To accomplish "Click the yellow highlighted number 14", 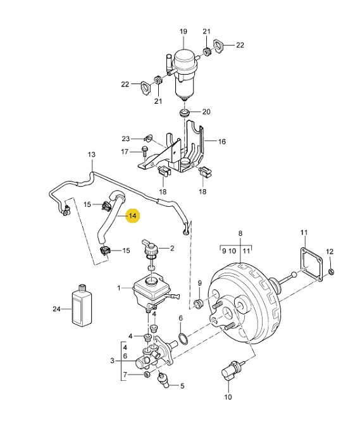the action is [133, 216].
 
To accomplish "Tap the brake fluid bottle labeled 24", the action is [82, 305].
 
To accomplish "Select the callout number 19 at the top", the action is [183, 31].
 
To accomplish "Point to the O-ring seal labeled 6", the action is [183, 338].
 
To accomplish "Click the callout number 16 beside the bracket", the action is [222, 142].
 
